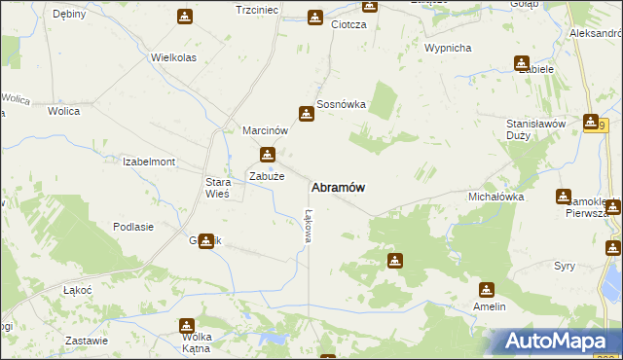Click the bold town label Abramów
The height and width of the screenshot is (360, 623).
(339, 187)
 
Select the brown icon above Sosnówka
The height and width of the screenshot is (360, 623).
(307, 114)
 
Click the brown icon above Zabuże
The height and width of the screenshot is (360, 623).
(267, 155)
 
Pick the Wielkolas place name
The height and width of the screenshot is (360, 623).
(174, 57)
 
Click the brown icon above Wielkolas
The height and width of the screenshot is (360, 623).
(185, 17)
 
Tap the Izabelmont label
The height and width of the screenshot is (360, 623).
(149, 162)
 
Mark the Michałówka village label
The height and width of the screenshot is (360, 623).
(496, 197)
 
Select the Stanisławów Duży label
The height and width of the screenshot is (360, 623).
(536, 130)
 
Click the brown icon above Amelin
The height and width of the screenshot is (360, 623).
(487, 289)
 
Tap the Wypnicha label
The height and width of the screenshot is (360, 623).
(449, 48)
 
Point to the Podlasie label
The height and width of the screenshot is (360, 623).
(133, 227)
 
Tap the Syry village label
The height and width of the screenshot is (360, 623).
(565, 266)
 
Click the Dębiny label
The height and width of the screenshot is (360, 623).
(69, 14)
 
